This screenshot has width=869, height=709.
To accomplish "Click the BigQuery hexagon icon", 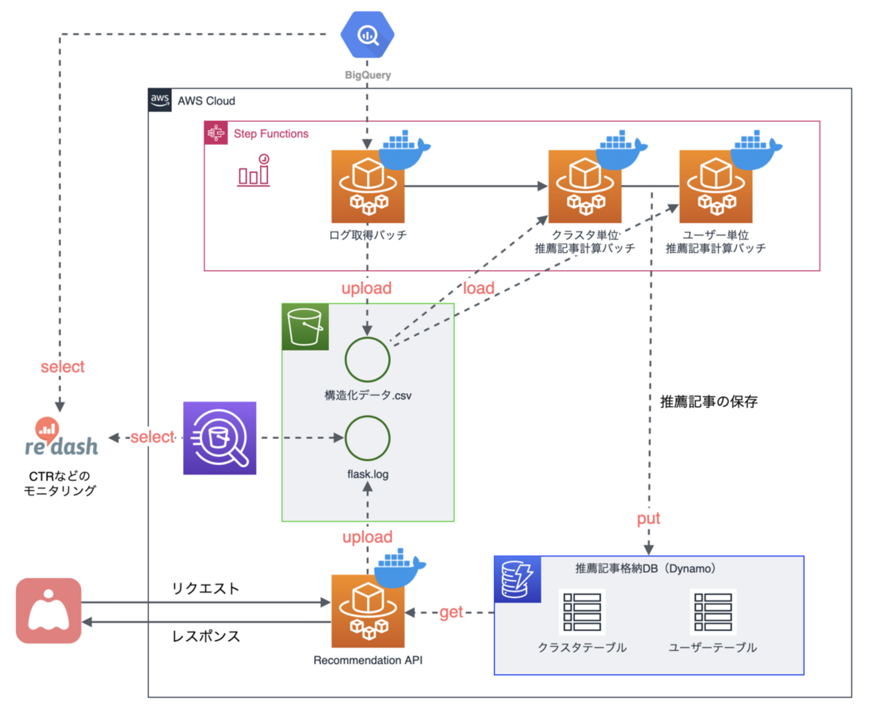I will [x=367, y=35].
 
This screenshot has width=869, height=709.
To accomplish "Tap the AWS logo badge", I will [x=160, y=100].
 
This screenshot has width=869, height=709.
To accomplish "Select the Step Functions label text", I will [x=271, y=134].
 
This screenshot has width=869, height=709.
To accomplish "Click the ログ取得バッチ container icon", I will [x=368, y=186].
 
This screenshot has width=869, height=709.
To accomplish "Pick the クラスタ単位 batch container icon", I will [x=585, y=186].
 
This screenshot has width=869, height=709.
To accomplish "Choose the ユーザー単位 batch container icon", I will [x=716, y=186].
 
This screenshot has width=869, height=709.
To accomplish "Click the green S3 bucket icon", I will [x=305, y=327].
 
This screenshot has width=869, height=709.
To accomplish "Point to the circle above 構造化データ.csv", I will [x=368, y=360].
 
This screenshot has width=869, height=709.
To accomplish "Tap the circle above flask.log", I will [x=368, y=438].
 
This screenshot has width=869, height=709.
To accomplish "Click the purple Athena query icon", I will [x=220, y=438].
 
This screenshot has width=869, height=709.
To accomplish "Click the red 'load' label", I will [x=479, y=288].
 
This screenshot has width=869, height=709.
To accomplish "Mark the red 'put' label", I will [x=648, y=519].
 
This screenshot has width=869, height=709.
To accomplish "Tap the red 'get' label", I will [x=451, y=612].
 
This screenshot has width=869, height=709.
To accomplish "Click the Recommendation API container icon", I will [x=368, y=611].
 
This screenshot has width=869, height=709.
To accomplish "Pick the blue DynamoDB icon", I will [x=517, y=579].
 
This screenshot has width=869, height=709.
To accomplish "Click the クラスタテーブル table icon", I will [x=582, y=611].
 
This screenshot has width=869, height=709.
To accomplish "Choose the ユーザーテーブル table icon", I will [x=713, y=611].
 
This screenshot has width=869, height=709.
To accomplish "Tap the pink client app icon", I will [x=49, y=611].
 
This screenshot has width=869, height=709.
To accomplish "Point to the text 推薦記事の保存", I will [x=709, y=402].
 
